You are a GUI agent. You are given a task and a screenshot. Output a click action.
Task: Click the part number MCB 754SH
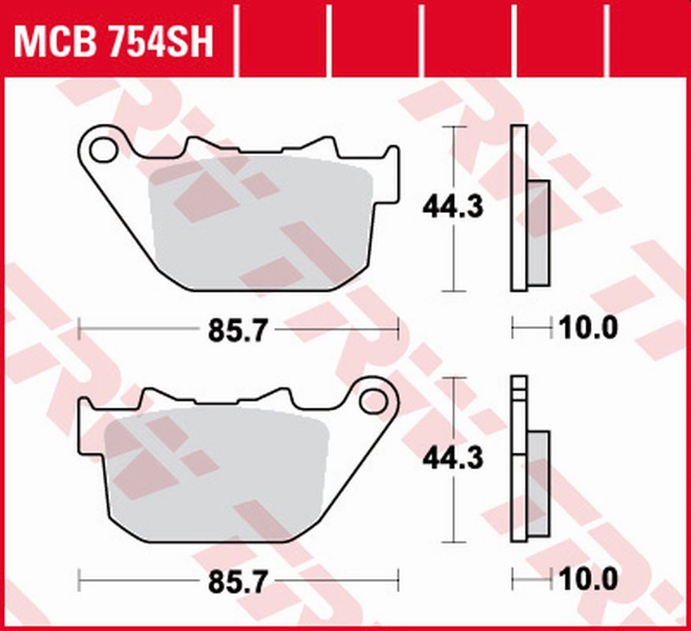click(x=114, y=42)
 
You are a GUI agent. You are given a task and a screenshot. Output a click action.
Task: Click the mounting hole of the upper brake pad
click(x=101, y=147)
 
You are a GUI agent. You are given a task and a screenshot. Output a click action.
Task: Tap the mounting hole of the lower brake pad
click(x=370, y=401)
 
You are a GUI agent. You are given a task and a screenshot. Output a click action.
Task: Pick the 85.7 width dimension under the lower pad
click(x=234, y=584)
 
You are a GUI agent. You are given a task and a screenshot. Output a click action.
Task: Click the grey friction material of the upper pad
click(x=260, y=225)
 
